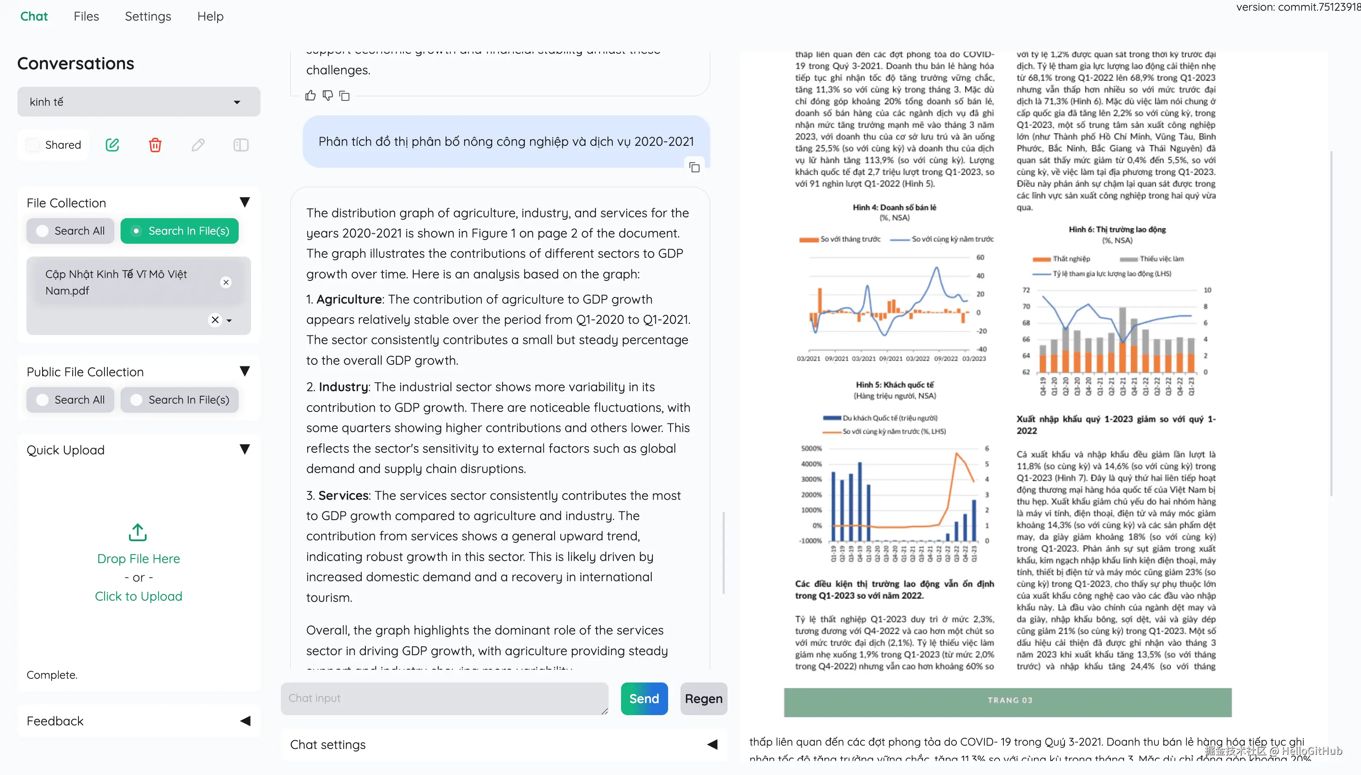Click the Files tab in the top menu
[86, 17]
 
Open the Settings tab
[148, 17]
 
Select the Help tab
[210, 17]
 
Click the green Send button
[644, 698]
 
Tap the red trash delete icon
[155, 145]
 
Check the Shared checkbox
[33, 145]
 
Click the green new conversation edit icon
[112, 145]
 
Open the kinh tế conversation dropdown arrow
[237, 102]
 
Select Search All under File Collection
[70, 231]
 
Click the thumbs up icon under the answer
[311, 96]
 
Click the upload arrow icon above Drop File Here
[138, 532]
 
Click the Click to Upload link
[138, 596]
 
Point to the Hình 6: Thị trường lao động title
[1117, 229]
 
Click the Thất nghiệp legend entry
[1070, 259]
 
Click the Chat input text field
[444, 698]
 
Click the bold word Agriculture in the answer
[349, 299]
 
